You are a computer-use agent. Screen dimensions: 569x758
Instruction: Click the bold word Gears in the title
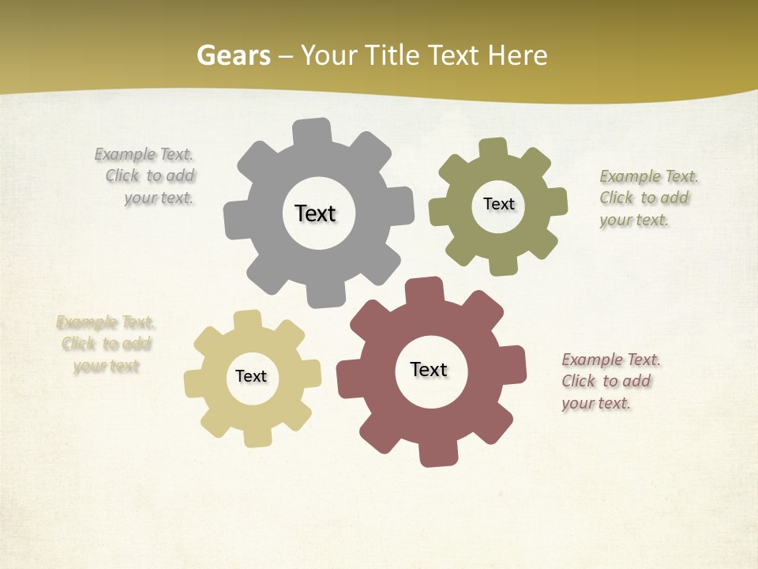pos(233,56)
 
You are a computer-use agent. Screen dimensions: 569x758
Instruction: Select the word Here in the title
pos(516,56)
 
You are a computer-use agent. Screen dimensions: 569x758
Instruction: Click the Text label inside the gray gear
pos(315,213)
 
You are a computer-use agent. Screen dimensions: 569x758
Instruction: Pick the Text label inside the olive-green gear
pos(498,204)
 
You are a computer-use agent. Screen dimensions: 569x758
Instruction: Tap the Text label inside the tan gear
pos(250,376)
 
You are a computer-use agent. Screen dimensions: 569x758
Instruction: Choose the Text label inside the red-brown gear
pos(429,369)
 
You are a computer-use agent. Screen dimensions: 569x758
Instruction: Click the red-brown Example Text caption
pos(610,382)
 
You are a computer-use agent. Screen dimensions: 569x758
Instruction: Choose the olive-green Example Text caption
pos(647,198)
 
